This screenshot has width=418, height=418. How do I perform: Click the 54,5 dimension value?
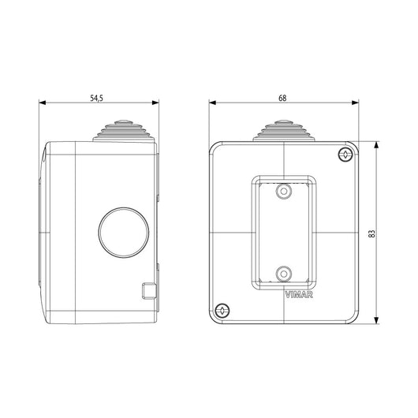tap(96, 98)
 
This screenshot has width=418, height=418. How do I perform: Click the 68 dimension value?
tap(282, 98)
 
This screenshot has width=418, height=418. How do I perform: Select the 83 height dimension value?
tap(371, 233)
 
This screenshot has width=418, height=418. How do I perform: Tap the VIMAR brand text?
tap(299, 295)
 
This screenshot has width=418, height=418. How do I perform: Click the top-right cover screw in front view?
tap(345, 155)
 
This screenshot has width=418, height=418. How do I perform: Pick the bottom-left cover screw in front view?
tap(222, 310)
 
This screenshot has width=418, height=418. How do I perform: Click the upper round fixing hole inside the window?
tap(284, 191)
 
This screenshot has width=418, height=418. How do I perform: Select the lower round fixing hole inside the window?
tap(284, 274)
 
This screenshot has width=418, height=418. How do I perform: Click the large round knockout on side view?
tap(124, 233)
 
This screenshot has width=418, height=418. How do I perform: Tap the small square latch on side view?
tap(149, 290)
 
